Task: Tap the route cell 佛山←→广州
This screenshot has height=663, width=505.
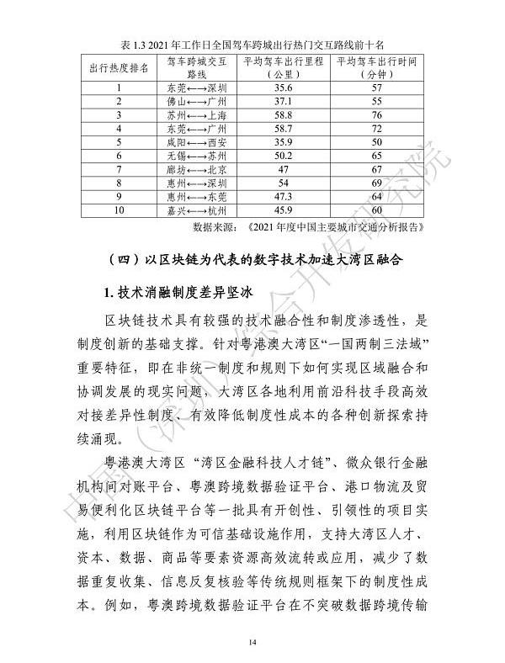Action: [197, 101]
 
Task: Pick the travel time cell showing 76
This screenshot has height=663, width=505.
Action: [376, 114]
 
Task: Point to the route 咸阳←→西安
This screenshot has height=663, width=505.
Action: [197, 141]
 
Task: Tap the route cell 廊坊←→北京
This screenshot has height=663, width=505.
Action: [197, 168]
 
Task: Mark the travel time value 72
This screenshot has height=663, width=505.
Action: [376, 128]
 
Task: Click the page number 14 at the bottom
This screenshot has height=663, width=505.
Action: [252, 643]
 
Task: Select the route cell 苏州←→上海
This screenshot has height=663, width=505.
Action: [197, 114]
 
